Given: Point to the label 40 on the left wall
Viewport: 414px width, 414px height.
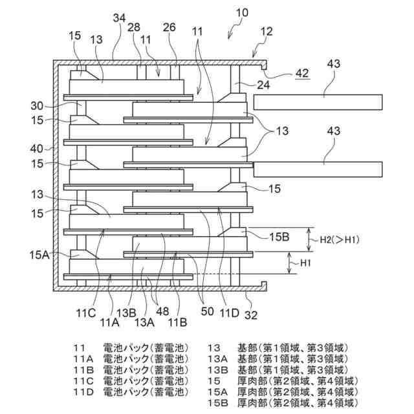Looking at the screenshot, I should click(x=37, y=149).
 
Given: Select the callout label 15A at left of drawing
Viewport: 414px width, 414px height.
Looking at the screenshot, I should click(x=39, y=254).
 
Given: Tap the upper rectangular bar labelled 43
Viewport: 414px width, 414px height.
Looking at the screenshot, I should click(x=317, y=102).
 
